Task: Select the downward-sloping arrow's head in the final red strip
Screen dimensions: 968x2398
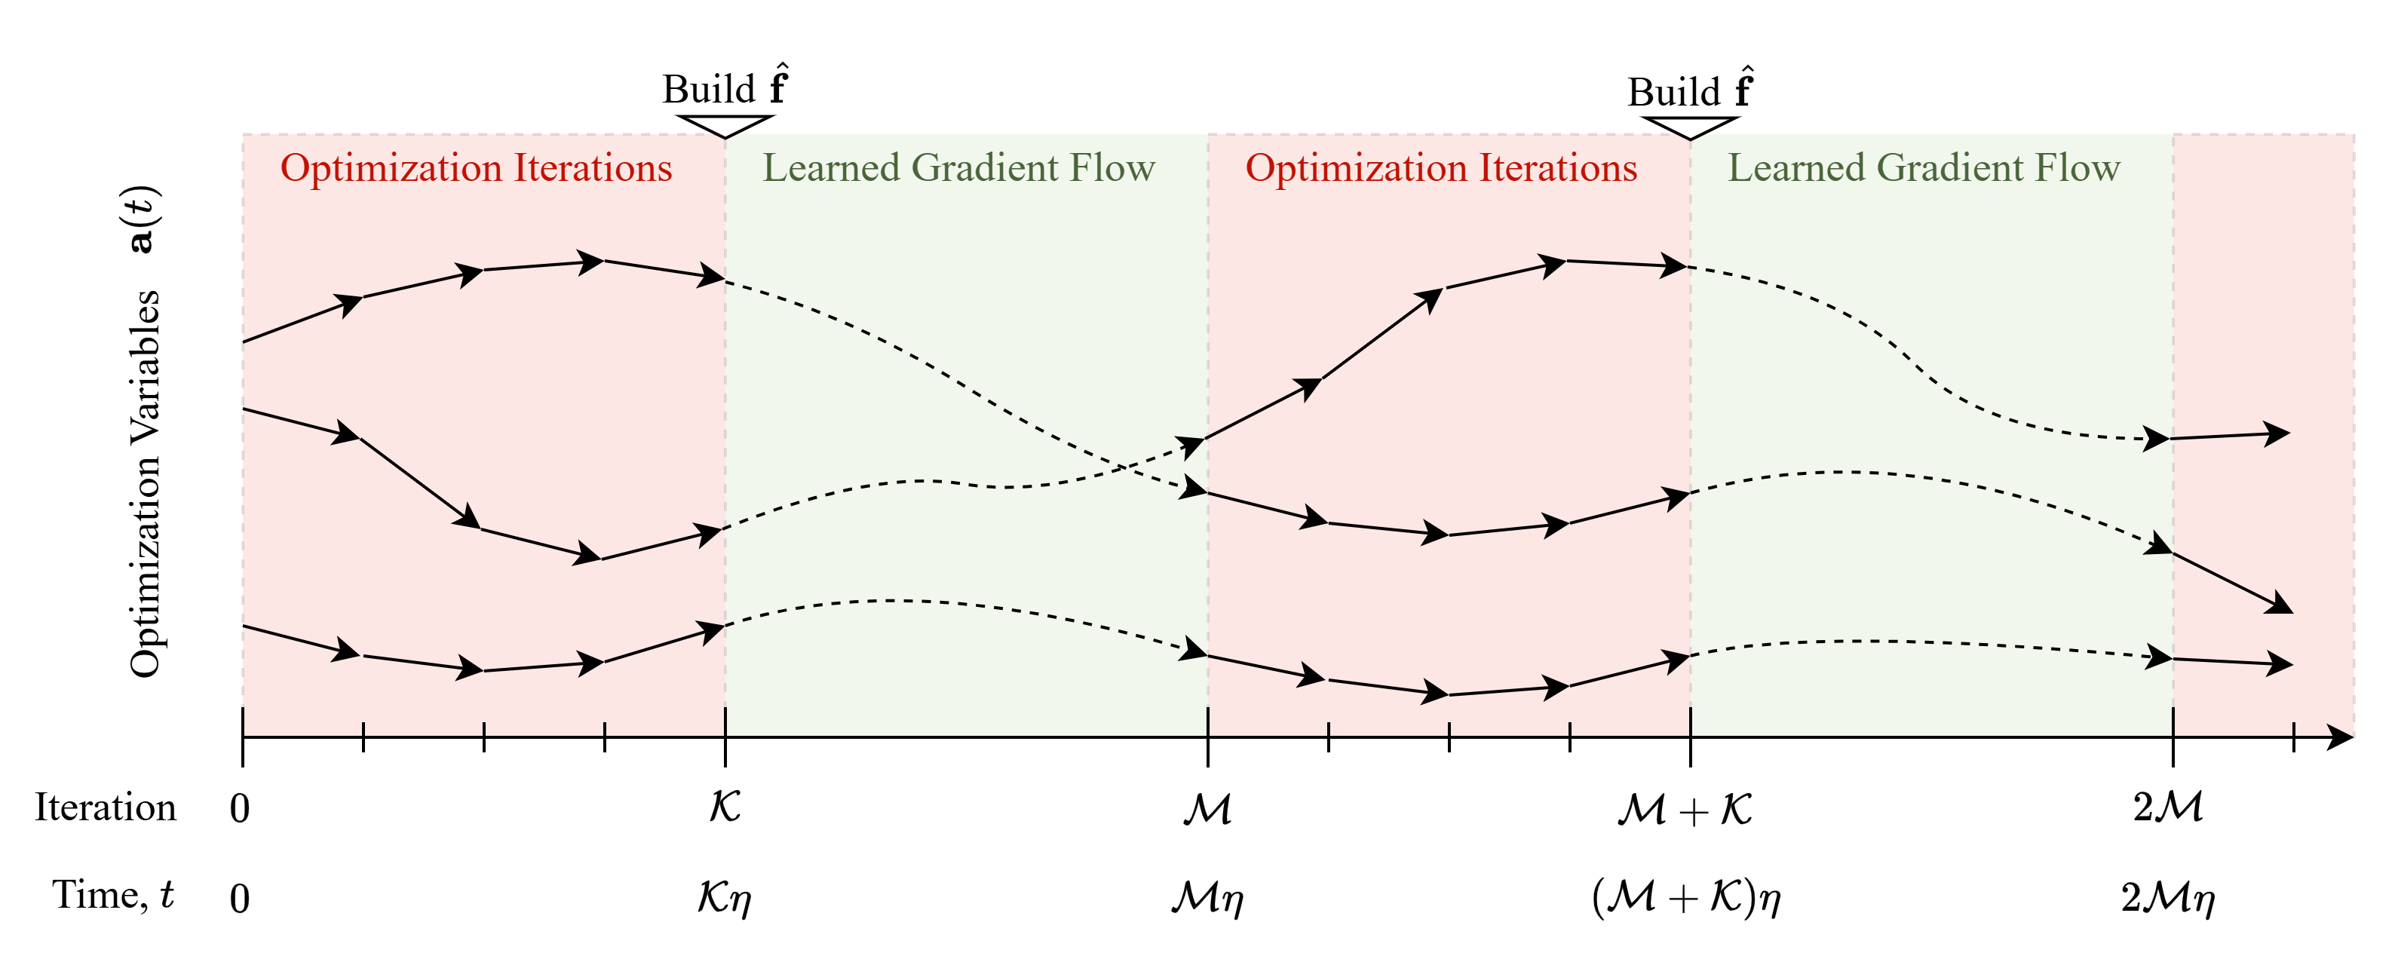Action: click(x=2280, y=605)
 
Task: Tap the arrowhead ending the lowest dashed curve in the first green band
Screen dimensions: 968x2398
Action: click(x=1195, y=651)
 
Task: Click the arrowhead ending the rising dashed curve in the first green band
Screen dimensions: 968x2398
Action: click(x=1195, y=445)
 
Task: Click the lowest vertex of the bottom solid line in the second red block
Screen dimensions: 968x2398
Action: click(x=1449, y=694)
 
